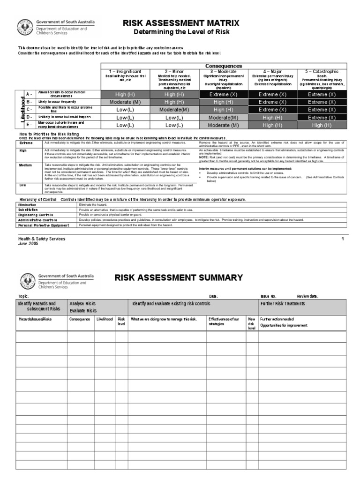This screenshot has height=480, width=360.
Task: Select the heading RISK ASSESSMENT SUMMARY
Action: tap(179, 277)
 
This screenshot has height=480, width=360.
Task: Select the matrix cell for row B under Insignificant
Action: tap(125, 102)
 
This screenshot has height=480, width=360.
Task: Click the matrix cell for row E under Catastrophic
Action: tap(321, 125)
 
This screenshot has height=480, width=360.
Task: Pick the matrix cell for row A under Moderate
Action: tap(223, 94)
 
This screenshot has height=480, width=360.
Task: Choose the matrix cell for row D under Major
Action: tap(272, 118)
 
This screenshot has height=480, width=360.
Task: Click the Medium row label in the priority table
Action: tap(25, 165)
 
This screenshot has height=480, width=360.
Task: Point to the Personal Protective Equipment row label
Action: tap(43, 225)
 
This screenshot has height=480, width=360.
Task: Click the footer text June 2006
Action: tap(28, 244)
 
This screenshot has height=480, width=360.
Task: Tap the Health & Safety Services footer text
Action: tap(41, 239)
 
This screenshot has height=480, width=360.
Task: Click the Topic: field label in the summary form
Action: tap(23, 296)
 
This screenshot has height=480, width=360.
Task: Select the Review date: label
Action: tap(307, 296)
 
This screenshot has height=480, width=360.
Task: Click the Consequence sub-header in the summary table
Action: tap(80, 319)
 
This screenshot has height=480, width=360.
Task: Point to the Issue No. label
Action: tap(269, 296)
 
